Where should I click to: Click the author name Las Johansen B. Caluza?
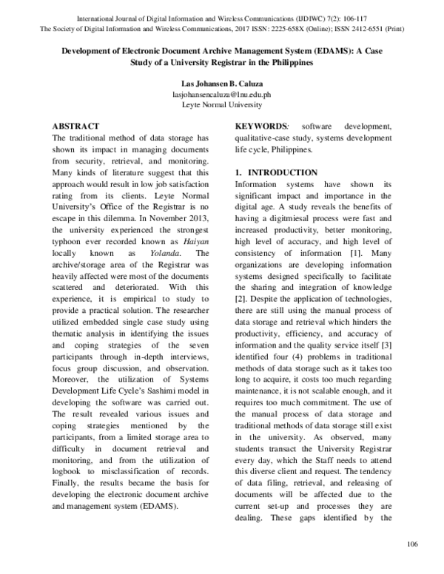click(x=222, y=84)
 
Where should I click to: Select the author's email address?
click(x=222, y=95)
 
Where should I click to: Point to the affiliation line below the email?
click(x=222, y=105)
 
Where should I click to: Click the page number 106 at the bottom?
click(x=413, y=544)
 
